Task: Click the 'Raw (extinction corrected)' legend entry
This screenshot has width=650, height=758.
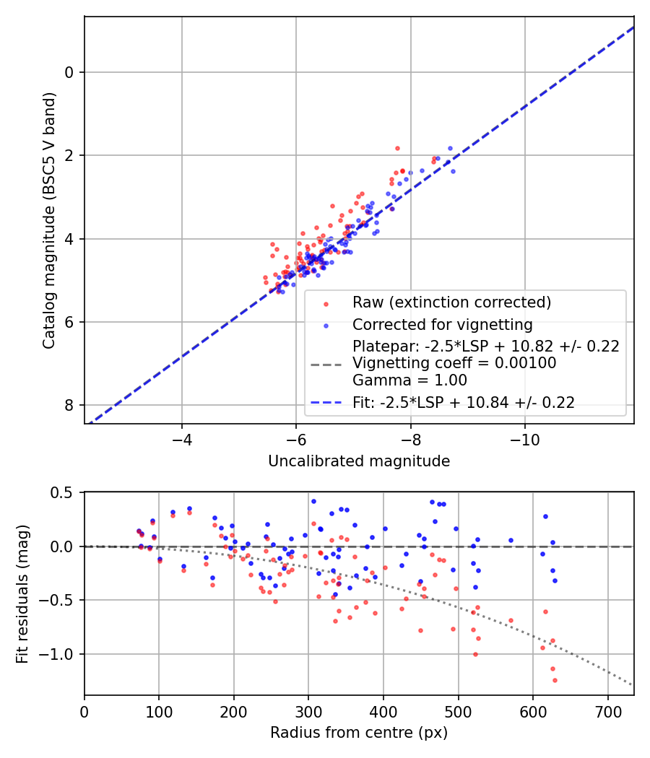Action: [451, 302]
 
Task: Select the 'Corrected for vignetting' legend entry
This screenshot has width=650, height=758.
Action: [442, 324]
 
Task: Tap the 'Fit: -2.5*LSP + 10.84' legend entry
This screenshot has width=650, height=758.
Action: [464, 403]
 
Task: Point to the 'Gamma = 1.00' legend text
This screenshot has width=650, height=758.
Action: [409, 380]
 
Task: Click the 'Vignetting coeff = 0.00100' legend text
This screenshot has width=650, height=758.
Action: [454, 363]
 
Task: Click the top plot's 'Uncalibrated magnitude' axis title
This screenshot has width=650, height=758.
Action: [359, 461]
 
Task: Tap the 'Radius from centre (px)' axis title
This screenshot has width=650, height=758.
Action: [359, 733]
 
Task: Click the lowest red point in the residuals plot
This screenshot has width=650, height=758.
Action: [555, 680]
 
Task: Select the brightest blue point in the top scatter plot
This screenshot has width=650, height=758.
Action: [450, 148]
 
